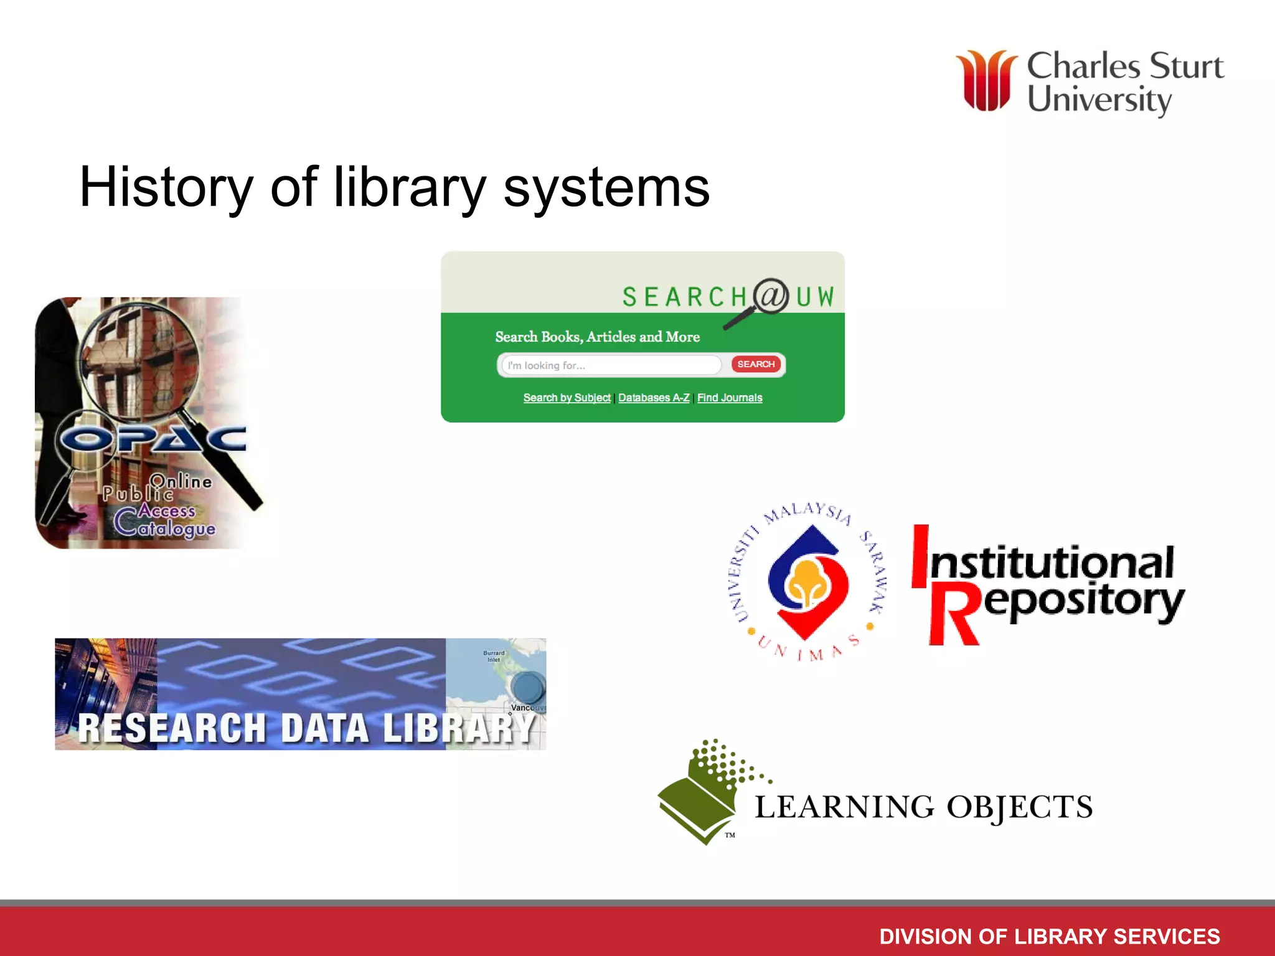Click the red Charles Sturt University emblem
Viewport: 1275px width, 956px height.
point(986,81)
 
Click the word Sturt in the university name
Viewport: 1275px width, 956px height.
point(1186,66)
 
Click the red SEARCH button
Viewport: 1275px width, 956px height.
point(756,364)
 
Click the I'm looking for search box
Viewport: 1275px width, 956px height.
point(610,365)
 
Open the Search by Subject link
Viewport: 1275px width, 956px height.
point(567,398)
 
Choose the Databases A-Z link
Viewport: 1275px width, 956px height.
point(654,398)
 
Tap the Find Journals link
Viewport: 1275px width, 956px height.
point(730,398)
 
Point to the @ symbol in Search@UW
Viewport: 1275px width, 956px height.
point(771,296)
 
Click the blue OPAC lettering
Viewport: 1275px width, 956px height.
point(153,439)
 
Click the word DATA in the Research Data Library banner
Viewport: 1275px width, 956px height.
point(324,728)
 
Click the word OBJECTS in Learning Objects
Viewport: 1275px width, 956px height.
point(1019,807)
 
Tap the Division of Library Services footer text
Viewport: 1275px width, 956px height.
point(1049,936)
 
